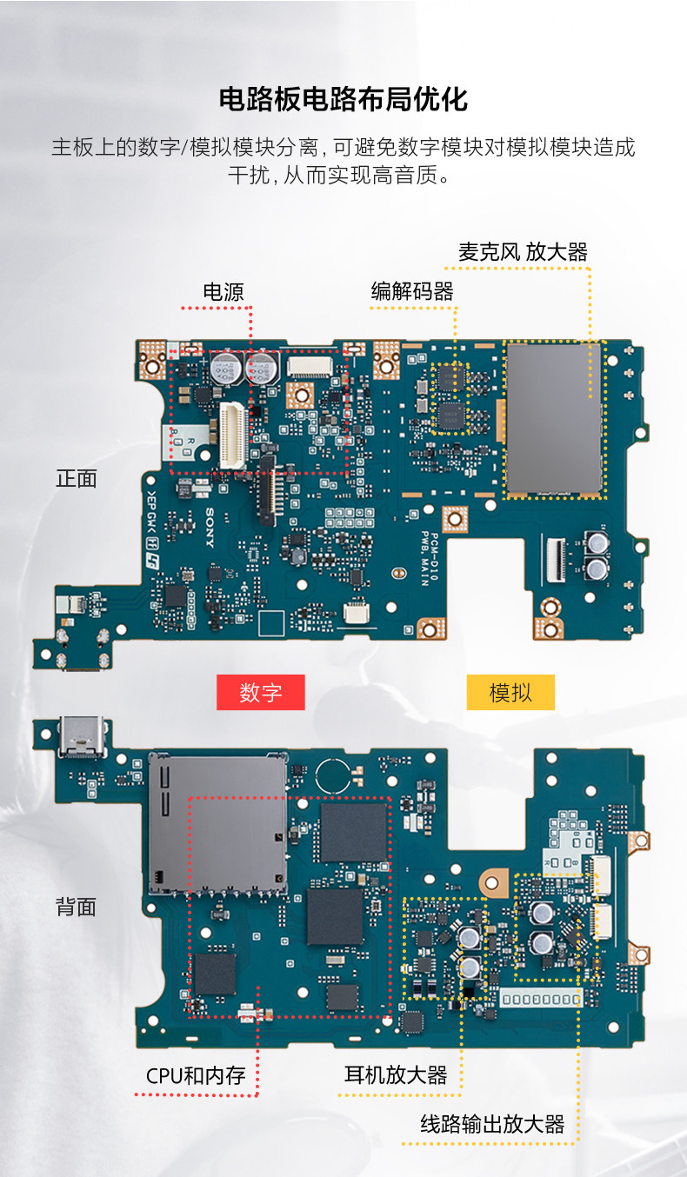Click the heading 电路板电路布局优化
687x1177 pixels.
(343, 99)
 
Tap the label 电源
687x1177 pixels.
(223, 292)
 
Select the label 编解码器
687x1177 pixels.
(412, 292)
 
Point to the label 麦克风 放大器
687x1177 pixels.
(523, 252)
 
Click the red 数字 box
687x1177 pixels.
(260, 693)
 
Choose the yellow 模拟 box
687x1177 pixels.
(510, 693)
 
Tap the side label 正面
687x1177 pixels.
(77, 478)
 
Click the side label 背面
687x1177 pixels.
(77, 907)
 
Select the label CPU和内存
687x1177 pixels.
(196, 1076)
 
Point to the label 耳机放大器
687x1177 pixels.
(396, 1075)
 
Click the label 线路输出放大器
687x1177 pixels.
(493, 1124)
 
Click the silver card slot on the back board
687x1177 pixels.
(217, 821)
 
